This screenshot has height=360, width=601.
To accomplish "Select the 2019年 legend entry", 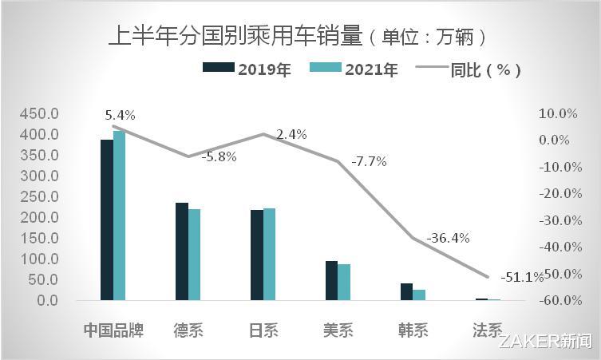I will (247, 69).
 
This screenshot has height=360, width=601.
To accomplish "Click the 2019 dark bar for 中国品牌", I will (106, 220).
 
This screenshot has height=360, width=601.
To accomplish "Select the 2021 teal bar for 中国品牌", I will (119, 216).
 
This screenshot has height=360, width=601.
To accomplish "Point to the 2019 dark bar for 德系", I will (181, 251).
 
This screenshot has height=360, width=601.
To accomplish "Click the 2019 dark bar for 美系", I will (331, 280).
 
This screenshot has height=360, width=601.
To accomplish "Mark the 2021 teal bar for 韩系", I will (419, 295).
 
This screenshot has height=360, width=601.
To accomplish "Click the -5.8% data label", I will (219, 157).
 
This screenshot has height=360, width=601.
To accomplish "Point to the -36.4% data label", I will (448, 238).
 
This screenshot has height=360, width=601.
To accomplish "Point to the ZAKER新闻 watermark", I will (546, 342).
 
